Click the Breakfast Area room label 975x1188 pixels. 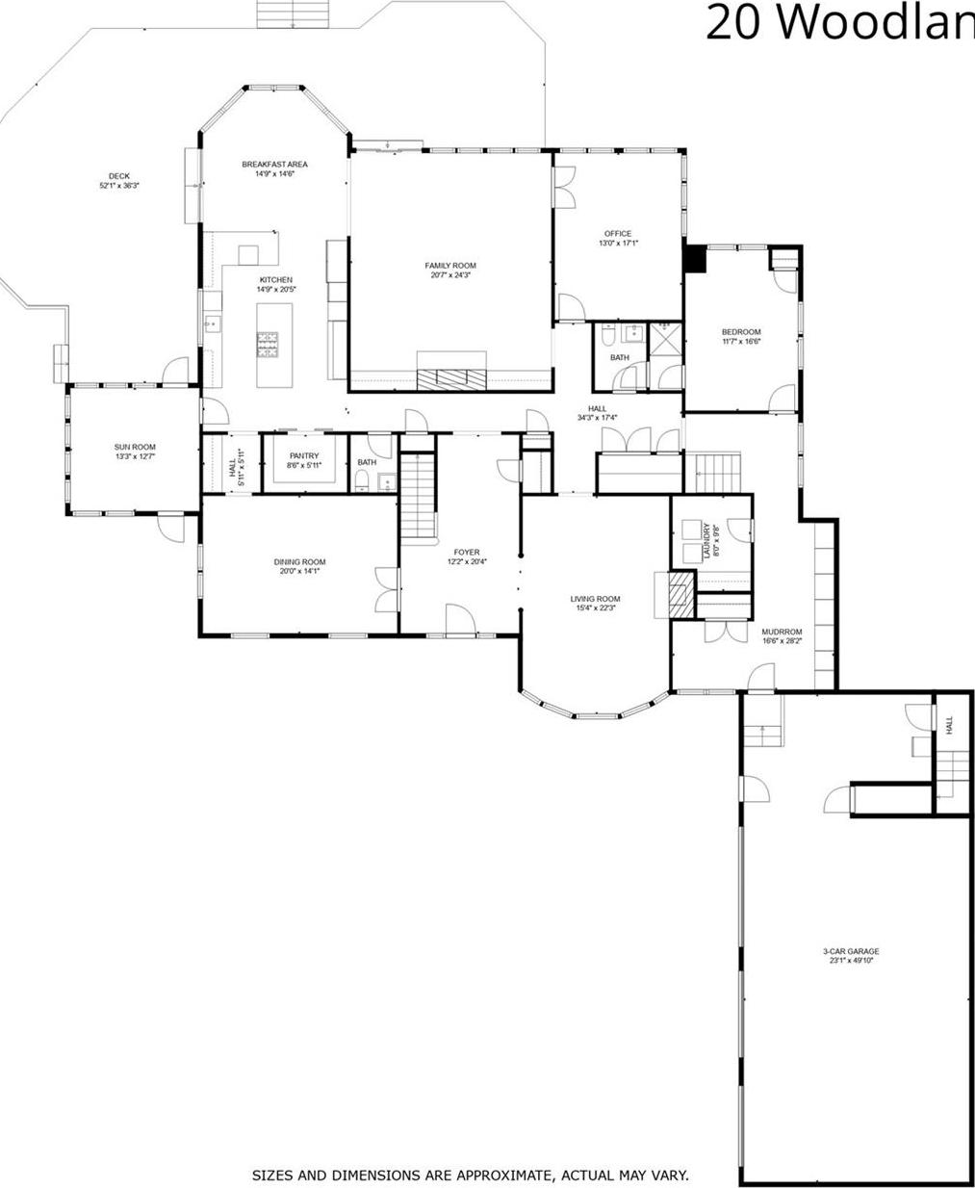pos(274,165)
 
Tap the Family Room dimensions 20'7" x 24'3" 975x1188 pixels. pos(450,275)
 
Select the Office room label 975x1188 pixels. pos(618,234)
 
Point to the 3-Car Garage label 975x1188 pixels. pos(851,951)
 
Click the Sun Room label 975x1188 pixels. pos(135,447)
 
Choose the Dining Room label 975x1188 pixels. pos(299,562)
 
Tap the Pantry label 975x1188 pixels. pos(304,456)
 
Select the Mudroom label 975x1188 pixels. pos(782,632)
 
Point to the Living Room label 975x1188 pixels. pos(596,599)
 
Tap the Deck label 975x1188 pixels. pos(119,176)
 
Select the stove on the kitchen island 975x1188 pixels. pos(269,344)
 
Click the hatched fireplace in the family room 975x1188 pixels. pos(451,378)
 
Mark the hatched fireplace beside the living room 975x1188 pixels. pos(680,593)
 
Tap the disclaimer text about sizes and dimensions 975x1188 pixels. pos(470,1175)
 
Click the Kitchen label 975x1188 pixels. pos(275,280)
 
